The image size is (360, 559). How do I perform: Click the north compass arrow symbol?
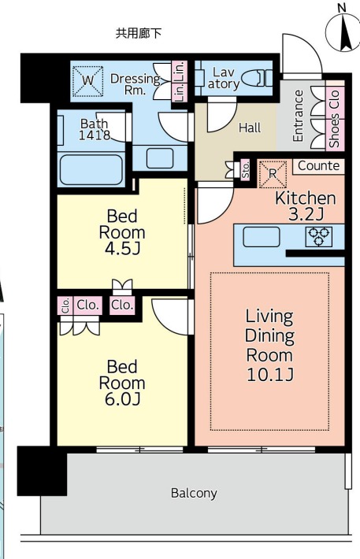click(x=343, y=33)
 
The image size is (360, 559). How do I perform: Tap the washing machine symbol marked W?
click(x=87, y=81)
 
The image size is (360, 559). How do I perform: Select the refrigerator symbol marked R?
click(x=273, y=174)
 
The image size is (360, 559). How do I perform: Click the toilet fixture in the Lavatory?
click(x=257, y=78)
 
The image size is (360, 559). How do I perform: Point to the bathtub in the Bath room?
click(x=91, y=169)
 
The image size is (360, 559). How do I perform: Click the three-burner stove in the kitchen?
click(x=318, y=236)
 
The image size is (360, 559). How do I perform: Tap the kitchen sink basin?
click(x=262, y=237)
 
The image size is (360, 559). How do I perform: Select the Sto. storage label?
click(x=246, y=169)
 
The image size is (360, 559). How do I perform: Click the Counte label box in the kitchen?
click(x=318, y=166)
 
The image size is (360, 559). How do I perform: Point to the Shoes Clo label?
click(x=334, y=118)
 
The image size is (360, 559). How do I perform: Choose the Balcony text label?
click(x=194, y=494)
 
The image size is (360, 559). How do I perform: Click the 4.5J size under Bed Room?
click(x=122, y=250)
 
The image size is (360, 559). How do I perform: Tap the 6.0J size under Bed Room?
click(x=122, y=399)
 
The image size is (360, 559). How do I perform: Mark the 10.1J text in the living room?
click(x=270, y=375)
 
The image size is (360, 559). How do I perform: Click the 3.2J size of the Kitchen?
click(x=306, y=214)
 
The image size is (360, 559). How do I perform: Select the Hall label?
click(x=250, y=128)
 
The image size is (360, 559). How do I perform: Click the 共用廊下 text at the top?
click(x=139, y=33)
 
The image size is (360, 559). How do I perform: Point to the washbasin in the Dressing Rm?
click(x=160, y=157)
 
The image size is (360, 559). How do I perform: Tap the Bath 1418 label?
click(x=95, y=129)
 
